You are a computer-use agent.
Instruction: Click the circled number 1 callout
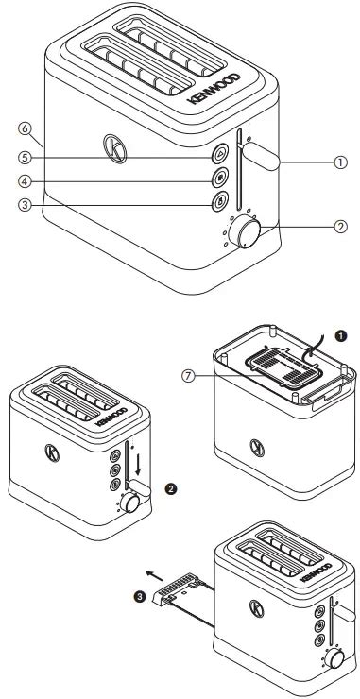[341, 162]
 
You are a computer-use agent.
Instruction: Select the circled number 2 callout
[341, 227]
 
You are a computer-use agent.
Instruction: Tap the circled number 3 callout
[25, 205]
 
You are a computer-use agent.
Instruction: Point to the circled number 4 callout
[25, 181]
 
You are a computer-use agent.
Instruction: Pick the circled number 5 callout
[25, 158]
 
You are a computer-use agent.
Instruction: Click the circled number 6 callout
[25, 128]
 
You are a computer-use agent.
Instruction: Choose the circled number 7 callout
[189, 376]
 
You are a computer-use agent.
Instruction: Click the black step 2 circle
[170, 488]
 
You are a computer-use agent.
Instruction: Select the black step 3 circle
[141, 597]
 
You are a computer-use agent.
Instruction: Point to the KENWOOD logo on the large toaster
[214, 88]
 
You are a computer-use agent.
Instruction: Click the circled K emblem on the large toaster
[114, 148]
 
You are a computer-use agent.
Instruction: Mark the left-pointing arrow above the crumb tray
[154, 575]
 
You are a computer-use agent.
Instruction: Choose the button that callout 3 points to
[220, 201]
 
